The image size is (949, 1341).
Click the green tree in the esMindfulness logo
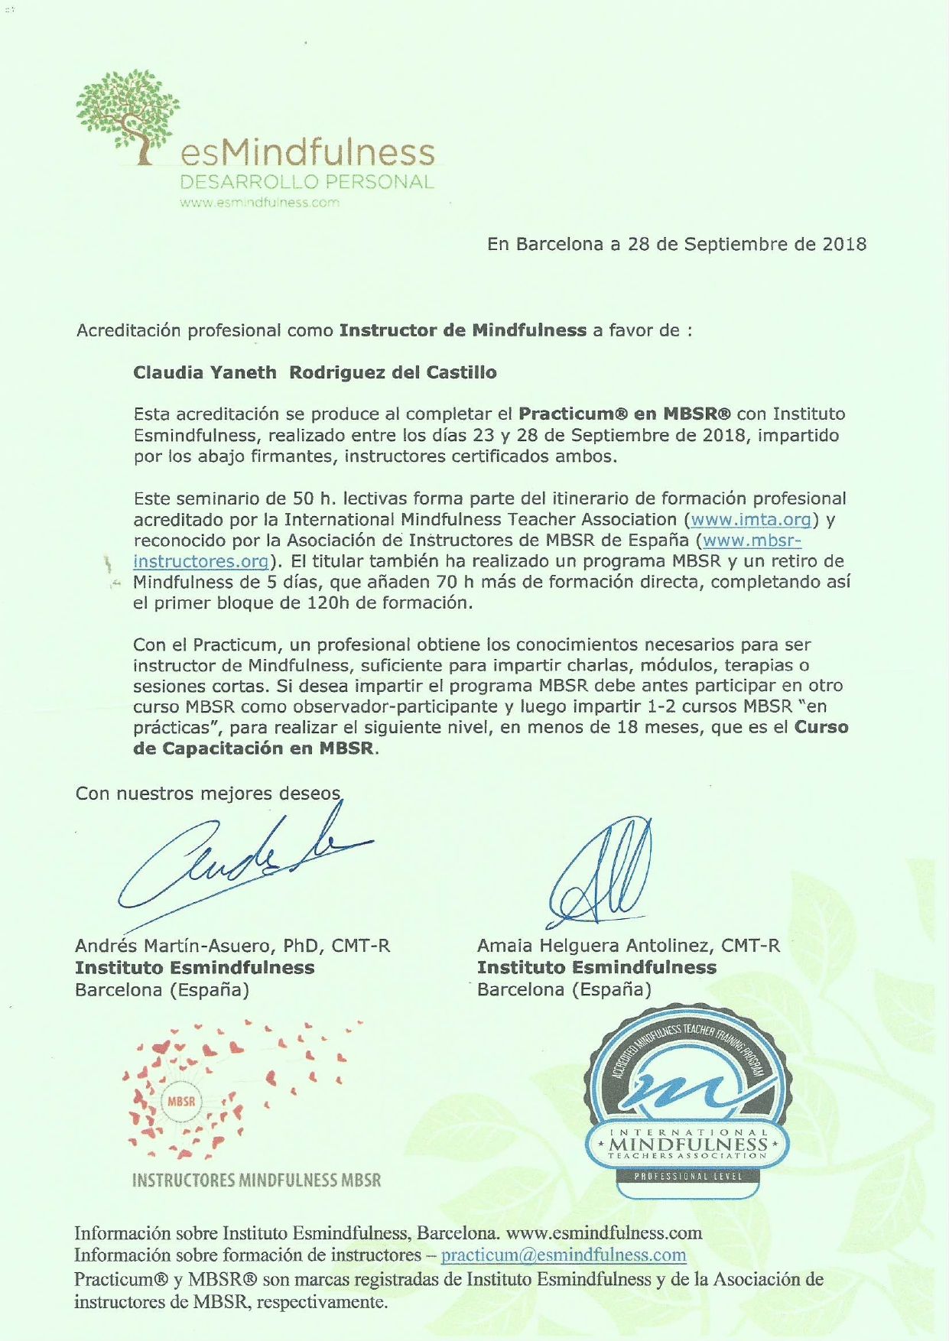click(128, 111)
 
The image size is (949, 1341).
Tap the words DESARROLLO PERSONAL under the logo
click(306, 183)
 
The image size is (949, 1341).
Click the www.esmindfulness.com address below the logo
click(259, 203)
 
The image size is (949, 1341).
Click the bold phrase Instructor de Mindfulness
click(463, 331)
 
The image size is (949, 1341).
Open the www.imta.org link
click(750, 520)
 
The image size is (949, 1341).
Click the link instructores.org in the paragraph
click(201, 562)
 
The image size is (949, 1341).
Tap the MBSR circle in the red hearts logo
click(181, 1102)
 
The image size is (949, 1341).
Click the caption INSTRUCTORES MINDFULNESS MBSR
click(256, 1180)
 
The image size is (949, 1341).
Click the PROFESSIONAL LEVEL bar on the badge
click(688, 1177)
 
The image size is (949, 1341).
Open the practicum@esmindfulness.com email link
click(564, 1255)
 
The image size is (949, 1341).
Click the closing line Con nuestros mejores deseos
click(207, 794)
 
